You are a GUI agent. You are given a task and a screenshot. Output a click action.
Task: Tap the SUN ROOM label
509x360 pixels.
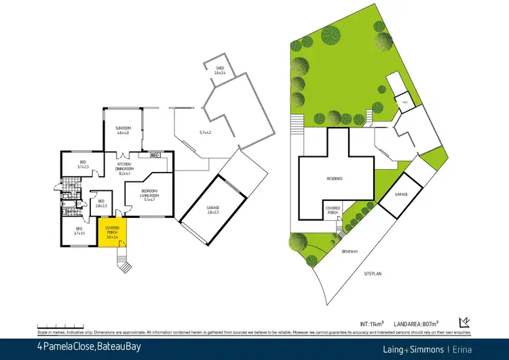click(123, 130)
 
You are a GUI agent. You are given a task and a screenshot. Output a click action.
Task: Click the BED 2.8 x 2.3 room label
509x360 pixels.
click(101, 204)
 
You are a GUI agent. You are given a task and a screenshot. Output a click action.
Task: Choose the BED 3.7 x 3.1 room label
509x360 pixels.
click(79, 231)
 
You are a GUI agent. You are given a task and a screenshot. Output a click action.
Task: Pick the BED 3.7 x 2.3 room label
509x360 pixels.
click(83, 165)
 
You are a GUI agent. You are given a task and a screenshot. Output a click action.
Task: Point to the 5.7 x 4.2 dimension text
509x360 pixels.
click(205, 132)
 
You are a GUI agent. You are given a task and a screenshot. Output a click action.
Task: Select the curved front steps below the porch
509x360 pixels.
click(124, 262)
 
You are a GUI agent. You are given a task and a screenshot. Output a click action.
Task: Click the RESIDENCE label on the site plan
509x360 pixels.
click(334, 179)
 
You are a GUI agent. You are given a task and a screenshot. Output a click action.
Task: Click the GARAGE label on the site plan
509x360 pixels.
click(402, 194)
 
